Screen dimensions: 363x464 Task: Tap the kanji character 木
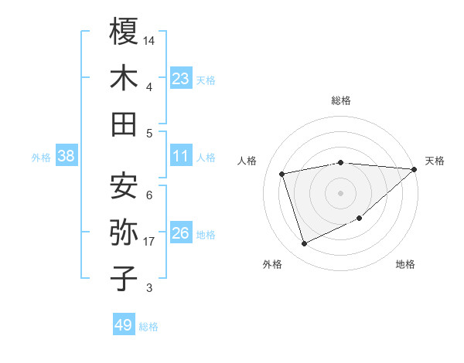(124, 78)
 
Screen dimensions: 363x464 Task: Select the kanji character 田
(124, 124)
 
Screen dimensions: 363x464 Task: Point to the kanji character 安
(124, 185)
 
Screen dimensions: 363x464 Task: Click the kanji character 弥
(124, 232)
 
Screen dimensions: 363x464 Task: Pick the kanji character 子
(124, 279)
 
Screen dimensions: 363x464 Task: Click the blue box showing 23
(181, 78)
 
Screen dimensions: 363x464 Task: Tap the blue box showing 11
(181, 156)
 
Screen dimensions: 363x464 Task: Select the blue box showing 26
(181, 233)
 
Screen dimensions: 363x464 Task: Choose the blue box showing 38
(66, 156)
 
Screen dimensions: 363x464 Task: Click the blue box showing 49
(124, 325)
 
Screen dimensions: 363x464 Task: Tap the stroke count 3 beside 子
(148, 288)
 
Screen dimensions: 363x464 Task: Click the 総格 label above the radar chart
(340, 100)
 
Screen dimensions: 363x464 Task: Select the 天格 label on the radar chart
(435, 161)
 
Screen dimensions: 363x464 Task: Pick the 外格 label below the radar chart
(272, 265)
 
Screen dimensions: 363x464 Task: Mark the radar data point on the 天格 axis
(414, 169)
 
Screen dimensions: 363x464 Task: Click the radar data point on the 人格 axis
(282, 173)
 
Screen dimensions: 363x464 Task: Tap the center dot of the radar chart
(340, 192)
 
